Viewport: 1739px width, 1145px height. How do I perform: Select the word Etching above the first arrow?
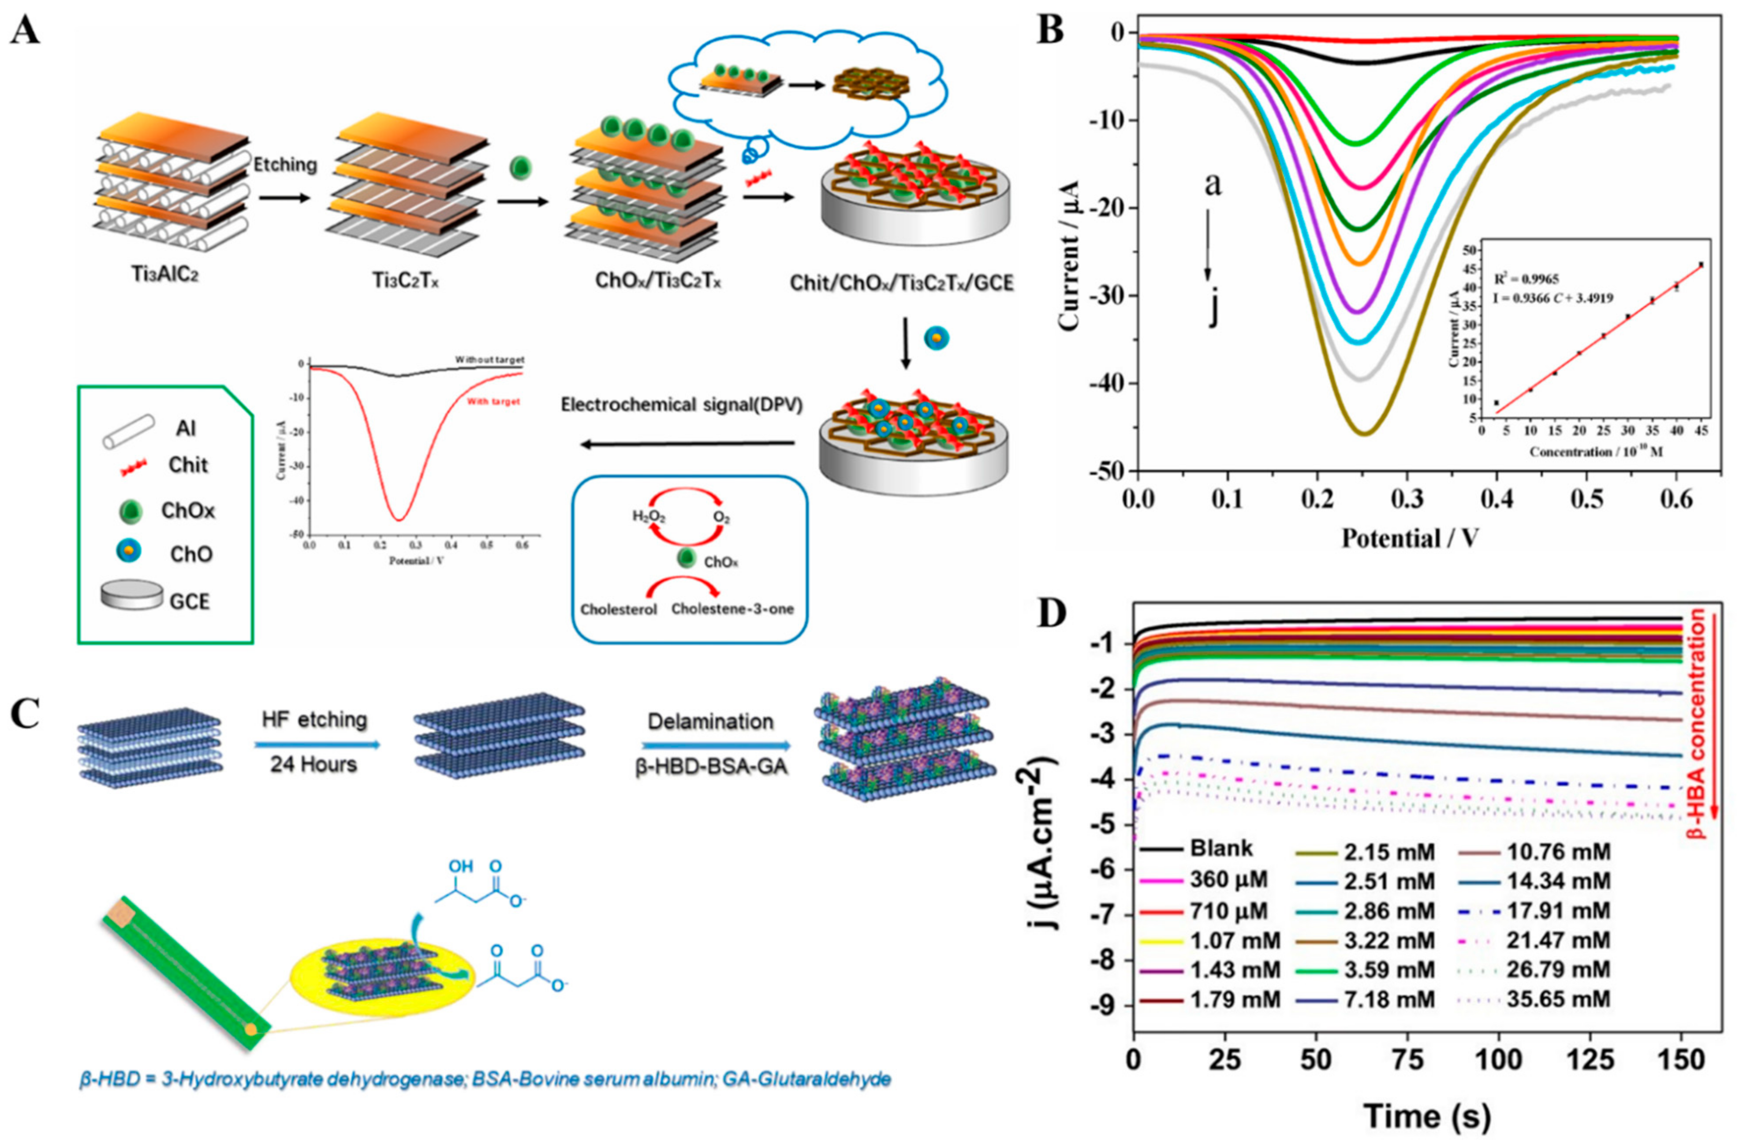pyautogui.click(x=285, y=165)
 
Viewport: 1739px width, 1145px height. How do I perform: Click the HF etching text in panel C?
pyautogui.click(x=314, y=720)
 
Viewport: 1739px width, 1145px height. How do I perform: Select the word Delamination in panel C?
pyautogui.click(x=710, y=722)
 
